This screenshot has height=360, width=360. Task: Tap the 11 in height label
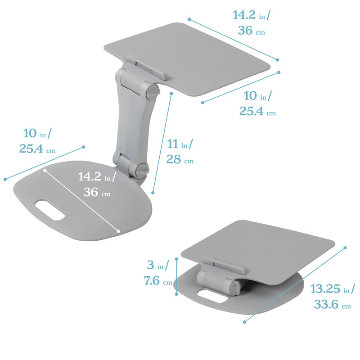point(180,144)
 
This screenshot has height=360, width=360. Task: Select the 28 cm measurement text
point(180,159)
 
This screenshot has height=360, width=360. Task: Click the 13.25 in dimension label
point(333,289)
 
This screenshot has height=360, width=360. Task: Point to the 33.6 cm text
point(333,305)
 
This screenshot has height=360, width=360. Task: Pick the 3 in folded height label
point(158,265)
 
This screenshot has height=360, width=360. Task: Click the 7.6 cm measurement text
point(158,280)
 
